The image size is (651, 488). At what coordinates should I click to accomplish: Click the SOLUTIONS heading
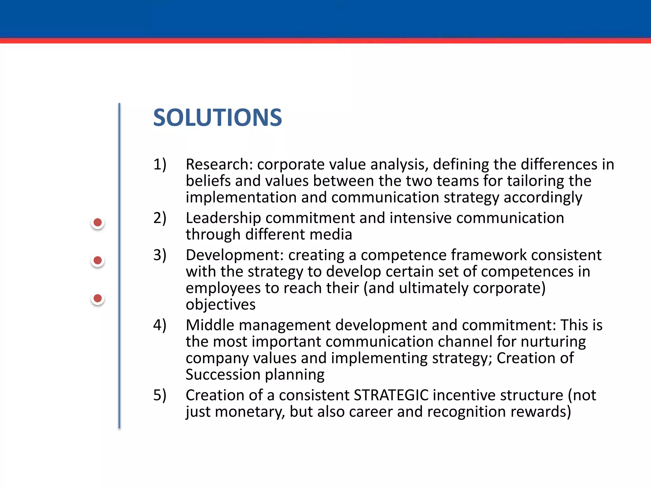click(x=217, y=118)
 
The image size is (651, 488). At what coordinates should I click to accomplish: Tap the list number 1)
click(x=160, y=165)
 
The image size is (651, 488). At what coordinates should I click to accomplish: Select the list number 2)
click(x=160, y=218)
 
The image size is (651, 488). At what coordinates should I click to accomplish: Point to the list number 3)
click(x=160, y=255)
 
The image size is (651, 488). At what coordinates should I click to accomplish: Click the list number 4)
click(x=160, y=325)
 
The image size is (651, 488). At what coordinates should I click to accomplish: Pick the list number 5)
click(x=160, y=396)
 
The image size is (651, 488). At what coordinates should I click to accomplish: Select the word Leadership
click(x=223, y=218)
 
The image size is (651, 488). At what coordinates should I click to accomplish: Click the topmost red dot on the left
click(x=98, y=222)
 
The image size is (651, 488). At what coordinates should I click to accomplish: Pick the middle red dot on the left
click(x=98, y=261)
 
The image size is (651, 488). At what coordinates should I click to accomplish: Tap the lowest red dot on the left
click(x=98, y=298)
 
